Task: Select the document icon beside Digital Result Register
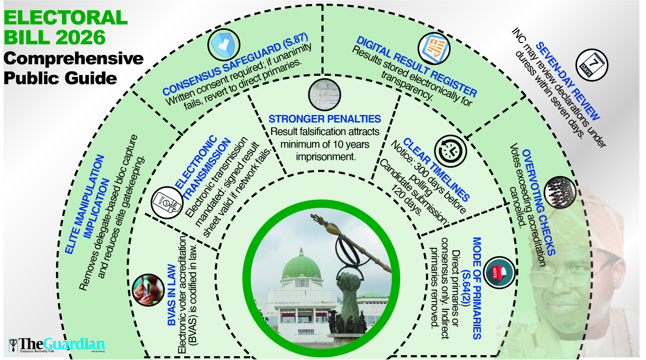click(434, 49)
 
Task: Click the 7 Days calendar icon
click(592, 65)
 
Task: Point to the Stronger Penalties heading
click(325, 119)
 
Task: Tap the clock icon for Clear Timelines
click(450, 151)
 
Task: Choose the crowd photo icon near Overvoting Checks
click(560, 192)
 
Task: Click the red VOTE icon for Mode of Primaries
click(499, 272)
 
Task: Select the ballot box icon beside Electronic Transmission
click(167, 203)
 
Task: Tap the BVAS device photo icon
click(148, 290)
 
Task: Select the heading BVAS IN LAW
click(172, 295)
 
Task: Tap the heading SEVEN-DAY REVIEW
click(567, 81)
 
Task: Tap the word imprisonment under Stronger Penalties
click(325, 157)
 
